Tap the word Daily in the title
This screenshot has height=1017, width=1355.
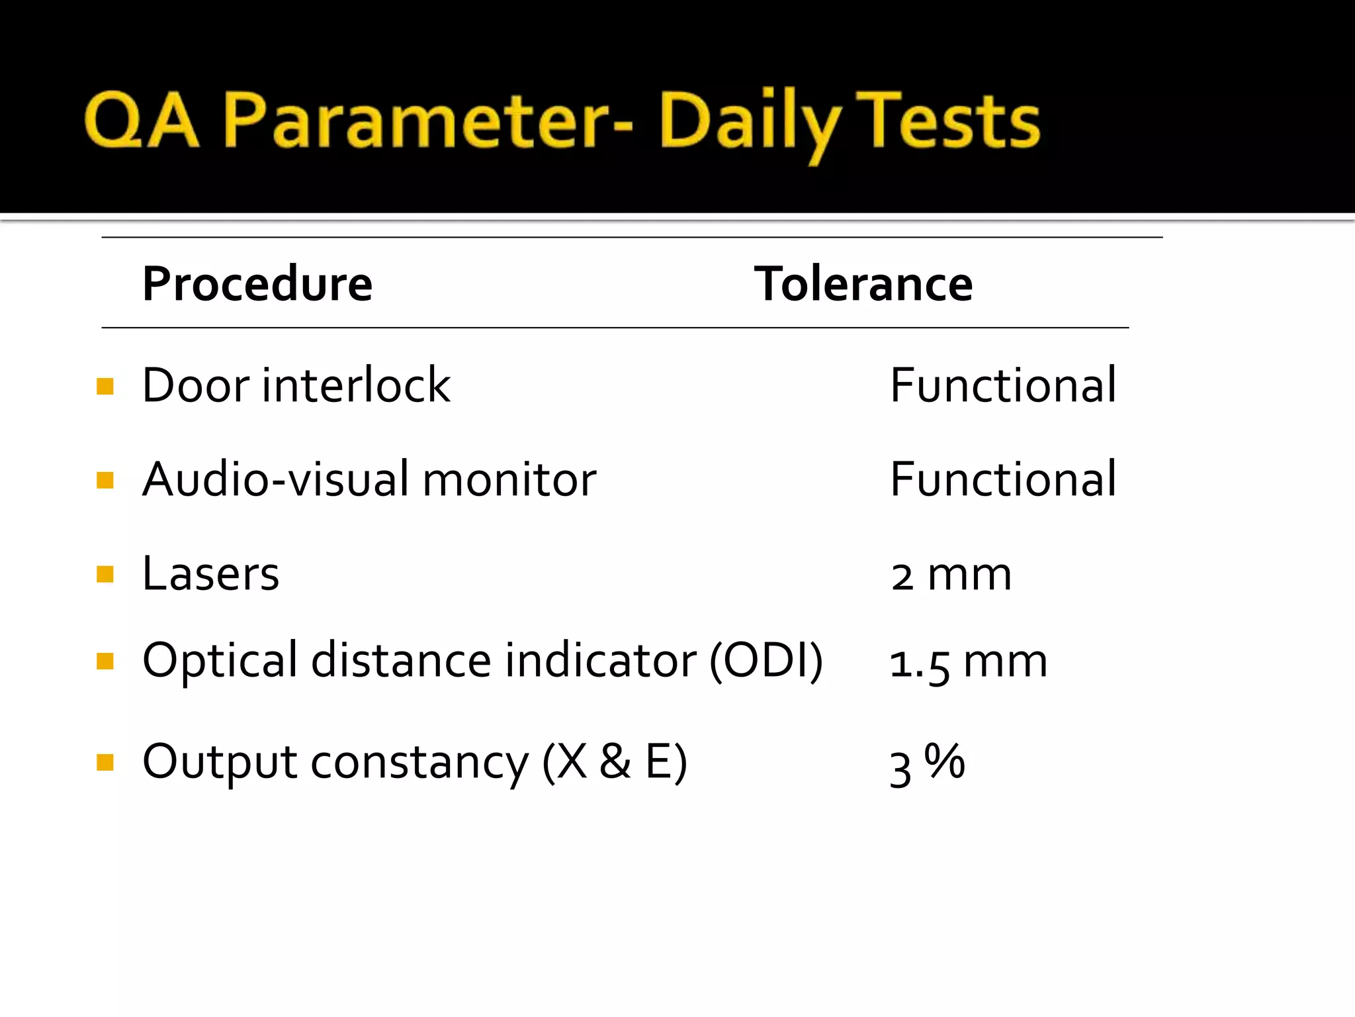tap(748, 123)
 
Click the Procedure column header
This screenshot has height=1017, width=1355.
tap(257, 284)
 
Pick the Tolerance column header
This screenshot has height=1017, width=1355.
tap(863, 284)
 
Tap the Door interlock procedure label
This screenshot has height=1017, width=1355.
tap(296, 385)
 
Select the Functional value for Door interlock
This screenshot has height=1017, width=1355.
tap(1002, 385)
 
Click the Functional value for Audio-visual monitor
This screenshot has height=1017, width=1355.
tap(1002, 479)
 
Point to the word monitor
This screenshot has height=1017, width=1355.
tap(509, 480)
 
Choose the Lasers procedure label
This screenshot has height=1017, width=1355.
tap(210, 573)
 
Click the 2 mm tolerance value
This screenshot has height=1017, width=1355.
tap(951, 575)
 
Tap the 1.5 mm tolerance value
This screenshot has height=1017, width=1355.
tap(968, 662)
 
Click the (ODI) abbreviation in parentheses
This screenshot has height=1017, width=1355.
tap(765, 660)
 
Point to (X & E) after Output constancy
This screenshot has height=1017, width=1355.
tap(615, 761)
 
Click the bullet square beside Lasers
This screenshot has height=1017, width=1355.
tap(105, 573)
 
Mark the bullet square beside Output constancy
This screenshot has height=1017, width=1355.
tap(105, 763)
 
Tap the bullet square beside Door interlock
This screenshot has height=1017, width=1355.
tap(105, 386)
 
